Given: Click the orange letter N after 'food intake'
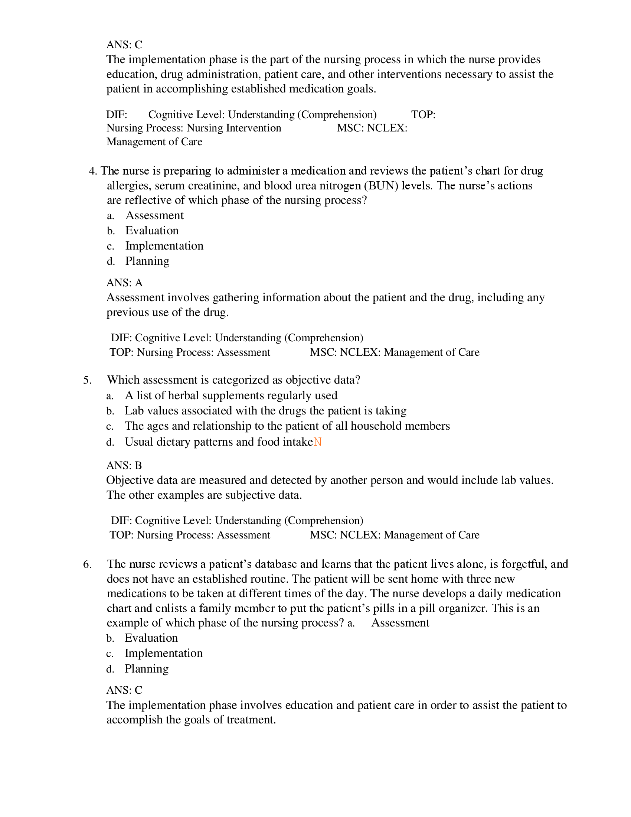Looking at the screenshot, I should tap(317, 442).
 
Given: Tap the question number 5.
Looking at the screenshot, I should tap(87, 380).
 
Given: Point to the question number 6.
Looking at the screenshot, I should tap(87, 564).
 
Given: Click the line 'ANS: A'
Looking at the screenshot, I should tap(124, 283).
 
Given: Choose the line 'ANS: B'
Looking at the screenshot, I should tap(124, 465).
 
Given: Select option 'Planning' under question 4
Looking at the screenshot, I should tap(147, 261).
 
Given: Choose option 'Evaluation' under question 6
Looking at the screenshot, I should tap(151, 638).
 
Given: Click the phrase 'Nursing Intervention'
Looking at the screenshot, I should tap(234, 128).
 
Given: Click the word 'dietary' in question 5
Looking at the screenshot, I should tap(174, 442).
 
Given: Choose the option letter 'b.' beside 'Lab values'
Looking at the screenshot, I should tap(110, 411).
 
